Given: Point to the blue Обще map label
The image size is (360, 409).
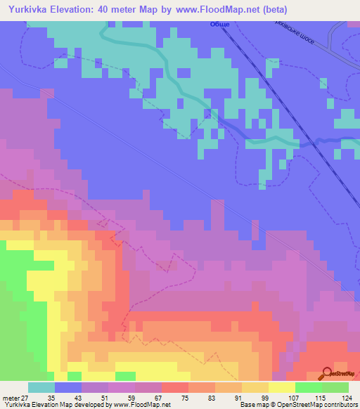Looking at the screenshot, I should tap(220, 25).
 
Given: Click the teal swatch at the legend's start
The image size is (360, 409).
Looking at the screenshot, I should tap(41, 387).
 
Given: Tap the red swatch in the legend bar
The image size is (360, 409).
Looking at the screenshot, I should tap(175, 387).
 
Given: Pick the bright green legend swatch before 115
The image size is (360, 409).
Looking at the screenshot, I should tap(309, 387).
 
